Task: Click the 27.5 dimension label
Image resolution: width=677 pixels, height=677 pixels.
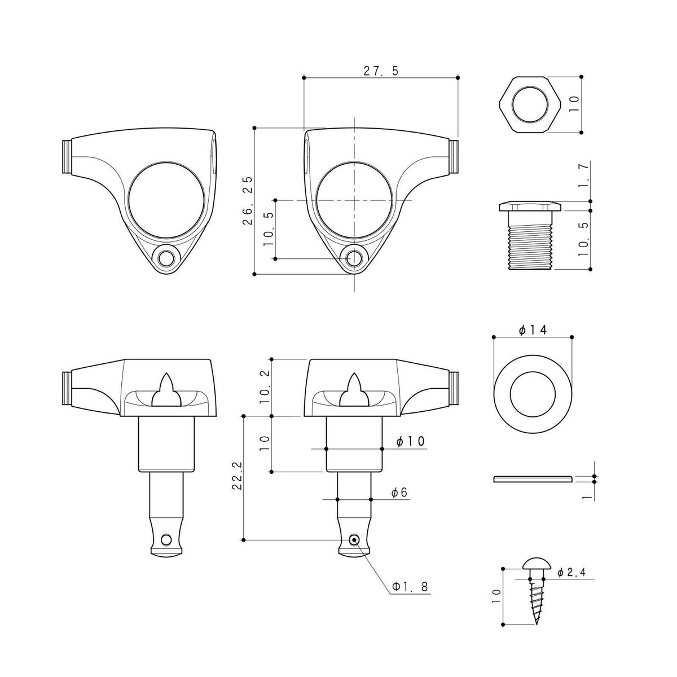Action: pyautogui.click(x=381, y=71)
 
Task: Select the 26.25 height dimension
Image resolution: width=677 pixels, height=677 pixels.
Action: pyautogui.click(x=248, y=200)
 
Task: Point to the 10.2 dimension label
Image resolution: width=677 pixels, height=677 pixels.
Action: pyautogui.click(x=266, y=386)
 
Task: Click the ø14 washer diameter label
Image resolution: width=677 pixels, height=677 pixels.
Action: pyautogui.click(x=533, y=330)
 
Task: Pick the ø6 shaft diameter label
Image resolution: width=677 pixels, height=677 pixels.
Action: pyautogui.click(x=399, y=493)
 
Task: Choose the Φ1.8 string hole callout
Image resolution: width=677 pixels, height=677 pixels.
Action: pyautogui.click(x=410, y=587)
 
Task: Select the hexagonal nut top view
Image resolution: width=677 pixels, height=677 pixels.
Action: pyautogui.click(x=529, y=105)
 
